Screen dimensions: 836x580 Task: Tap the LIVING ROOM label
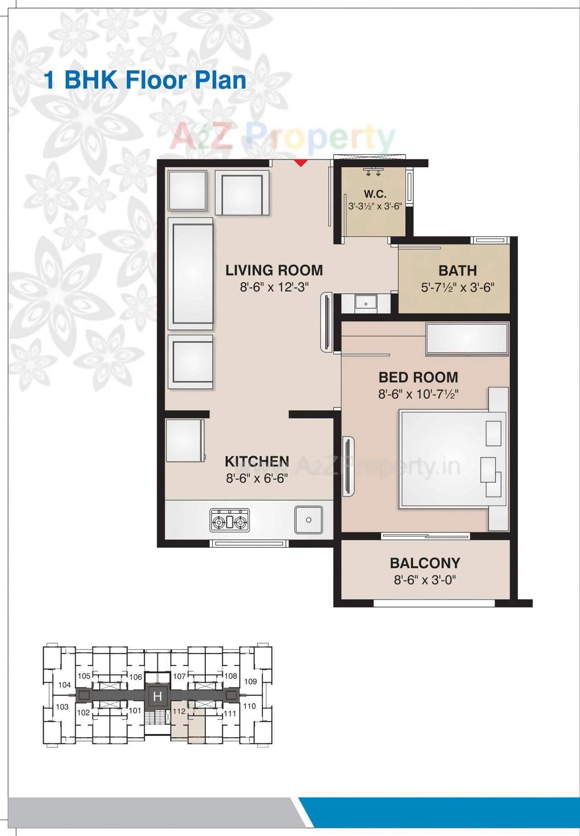[x=274, y=270]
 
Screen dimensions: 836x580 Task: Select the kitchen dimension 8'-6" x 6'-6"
[x=257, y=478]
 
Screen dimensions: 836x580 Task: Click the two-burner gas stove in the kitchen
[x=230, y=520]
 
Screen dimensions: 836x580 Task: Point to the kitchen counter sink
[x=309, y=520]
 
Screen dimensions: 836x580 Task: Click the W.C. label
[x=375, y=194]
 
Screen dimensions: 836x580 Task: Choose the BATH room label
[x=458, y=271]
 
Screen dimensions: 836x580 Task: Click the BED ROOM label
[x=418, y=377]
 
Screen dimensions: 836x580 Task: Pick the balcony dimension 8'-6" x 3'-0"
[x=425, y=580]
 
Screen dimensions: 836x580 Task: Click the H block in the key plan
[x=158, y=696]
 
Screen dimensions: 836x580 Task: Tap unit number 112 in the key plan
[x=179, y=711]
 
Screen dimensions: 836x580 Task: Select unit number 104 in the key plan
[x=65, y=685]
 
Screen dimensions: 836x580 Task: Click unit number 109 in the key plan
[x=250, y=681]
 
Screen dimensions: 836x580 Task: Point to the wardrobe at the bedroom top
[x=467, y=338]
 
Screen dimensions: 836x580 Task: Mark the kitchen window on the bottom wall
[x=249, y=543]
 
